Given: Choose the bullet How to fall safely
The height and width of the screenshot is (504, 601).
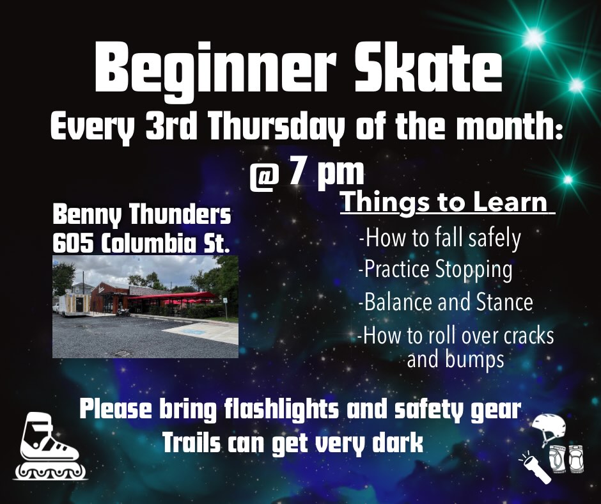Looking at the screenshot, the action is click(x=440, y=238).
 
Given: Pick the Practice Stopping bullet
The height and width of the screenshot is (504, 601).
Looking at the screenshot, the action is click(x=435, y=270).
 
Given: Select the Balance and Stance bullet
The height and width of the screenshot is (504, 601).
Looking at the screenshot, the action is click(x=446, y=302).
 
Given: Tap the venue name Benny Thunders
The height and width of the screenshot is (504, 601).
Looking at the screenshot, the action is click(x=142, y=215).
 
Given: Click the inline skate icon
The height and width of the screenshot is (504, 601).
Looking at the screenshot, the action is click(x=51, y=446).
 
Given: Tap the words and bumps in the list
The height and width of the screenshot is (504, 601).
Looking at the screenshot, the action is click(x=455, y=360).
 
